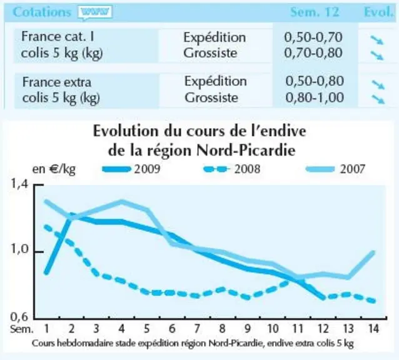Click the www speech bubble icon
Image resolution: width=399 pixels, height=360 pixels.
point(95,12)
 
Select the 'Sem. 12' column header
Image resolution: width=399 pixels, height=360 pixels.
point(315,12)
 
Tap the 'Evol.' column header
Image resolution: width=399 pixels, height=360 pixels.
point(378,12)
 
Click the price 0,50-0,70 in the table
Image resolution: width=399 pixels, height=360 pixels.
point(313,37)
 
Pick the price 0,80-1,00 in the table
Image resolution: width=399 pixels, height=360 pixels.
point(315,97)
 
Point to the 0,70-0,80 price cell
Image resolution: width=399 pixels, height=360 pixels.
point(313,53)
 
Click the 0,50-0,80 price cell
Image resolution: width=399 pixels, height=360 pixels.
point(315,81)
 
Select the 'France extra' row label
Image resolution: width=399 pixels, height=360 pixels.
point(57,82)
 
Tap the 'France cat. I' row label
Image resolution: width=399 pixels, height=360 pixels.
point(58,36)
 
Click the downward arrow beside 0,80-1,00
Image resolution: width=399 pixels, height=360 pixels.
point(378,99)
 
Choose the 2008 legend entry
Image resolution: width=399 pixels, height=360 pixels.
point(231,169)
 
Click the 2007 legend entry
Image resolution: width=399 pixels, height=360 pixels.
point(335,169)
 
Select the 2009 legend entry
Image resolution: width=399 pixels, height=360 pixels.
point(131,169)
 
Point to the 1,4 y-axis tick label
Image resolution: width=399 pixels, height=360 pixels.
point(19,184)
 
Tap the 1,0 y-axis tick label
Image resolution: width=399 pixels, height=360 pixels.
point(19,249)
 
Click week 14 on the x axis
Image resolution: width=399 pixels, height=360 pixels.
point(373,329)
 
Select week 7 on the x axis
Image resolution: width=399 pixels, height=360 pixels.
point(197,329)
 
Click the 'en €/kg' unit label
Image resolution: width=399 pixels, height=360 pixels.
point(54,169)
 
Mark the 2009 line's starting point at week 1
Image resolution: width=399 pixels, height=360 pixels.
point(46,272)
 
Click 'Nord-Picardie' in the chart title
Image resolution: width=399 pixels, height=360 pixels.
point(246,151)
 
